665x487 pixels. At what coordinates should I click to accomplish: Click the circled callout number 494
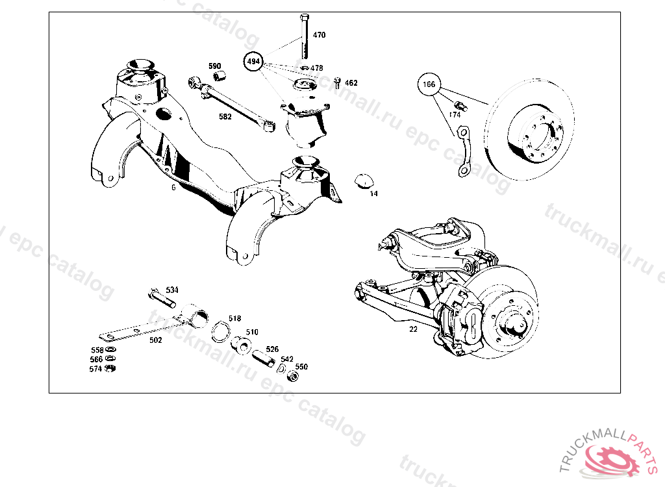[254, 62]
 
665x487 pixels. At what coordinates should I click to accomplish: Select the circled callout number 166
[429, 84]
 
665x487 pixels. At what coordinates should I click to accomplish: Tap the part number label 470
[319, 35]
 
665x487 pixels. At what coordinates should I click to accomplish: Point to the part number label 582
[225, 117]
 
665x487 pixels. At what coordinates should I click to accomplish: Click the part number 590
[214, 66]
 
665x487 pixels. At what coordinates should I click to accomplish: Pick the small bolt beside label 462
[338, 82]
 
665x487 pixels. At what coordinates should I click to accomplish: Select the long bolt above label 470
[303, 36]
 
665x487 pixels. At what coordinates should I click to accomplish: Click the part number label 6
[173, 187]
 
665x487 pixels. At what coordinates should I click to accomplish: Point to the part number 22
[413, 329]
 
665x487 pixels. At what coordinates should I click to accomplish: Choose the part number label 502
[156, 340]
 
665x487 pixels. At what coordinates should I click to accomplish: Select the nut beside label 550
[294, 377]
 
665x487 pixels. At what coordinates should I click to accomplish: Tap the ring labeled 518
[220, 331]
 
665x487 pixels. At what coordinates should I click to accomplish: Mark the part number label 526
[272, 349]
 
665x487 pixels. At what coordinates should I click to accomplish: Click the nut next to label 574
[110, 369]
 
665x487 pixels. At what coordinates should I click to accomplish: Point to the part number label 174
[455, 114]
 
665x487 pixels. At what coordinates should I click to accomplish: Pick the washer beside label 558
[110, 350]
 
